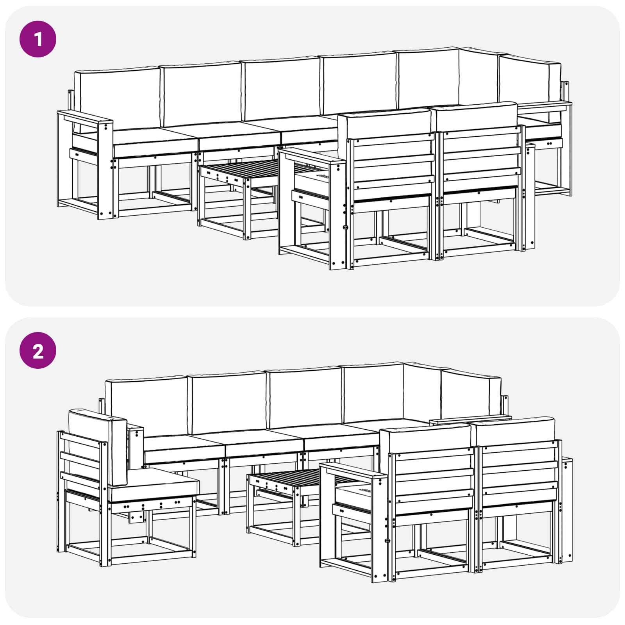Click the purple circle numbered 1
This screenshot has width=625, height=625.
click(38, 39)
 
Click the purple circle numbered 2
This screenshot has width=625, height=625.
click(38, 350)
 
